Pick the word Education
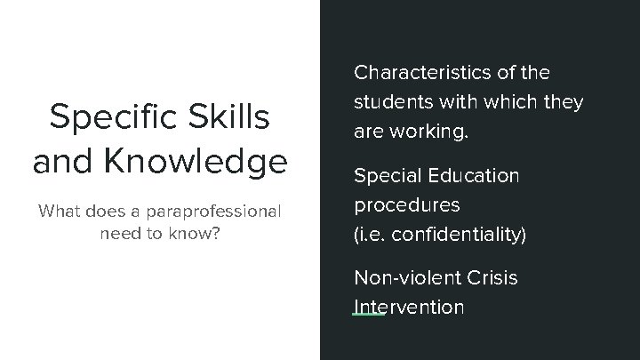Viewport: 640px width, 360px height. (x=475, y=175)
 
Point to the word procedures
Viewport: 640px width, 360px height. (x=407, y=205)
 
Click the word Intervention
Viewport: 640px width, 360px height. (x=409, y=308)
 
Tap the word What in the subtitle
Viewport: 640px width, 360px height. (x=58, y=212)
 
